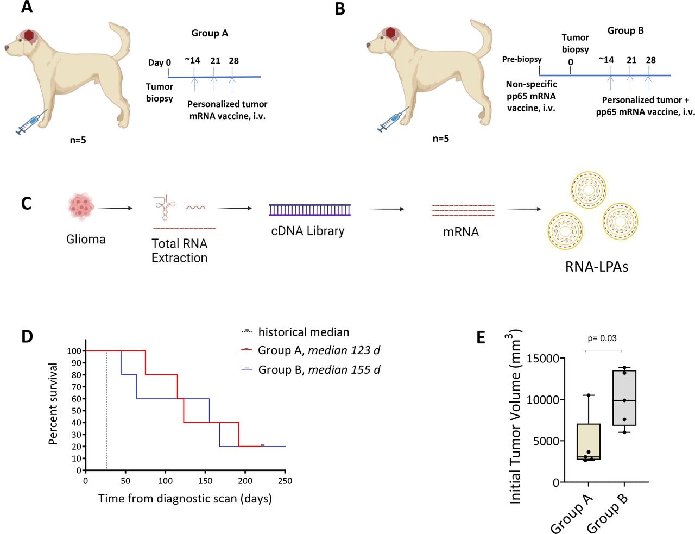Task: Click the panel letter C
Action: [x=26, y=203]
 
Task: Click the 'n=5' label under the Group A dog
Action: [x=78, y=140]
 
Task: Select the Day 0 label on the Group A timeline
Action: [x=159, y=62]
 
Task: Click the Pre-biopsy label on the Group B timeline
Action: [x=521, y=59]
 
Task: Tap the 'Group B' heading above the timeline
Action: [x=625, y=30]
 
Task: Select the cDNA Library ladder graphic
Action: [x=309, y=210]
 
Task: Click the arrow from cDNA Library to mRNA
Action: [x=387, y=209]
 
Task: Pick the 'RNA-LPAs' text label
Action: [x=596, y=267]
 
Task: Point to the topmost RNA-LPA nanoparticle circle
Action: [x=589, y=190]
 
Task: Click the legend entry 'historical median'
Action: [x=303, y=332]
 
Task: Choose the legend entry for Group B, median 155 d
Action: [x=318, y=370]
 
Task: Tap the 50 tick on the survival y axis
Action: [x=78, y=411]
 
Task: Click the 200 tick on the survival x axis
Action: [x=245, y=481]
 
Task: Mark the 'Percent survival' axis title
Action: [x=53, y=404]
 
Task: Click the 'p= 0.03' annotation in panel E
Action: [x=602, y=338]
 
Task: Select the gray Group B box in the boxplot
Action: [x=624, y=398]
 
